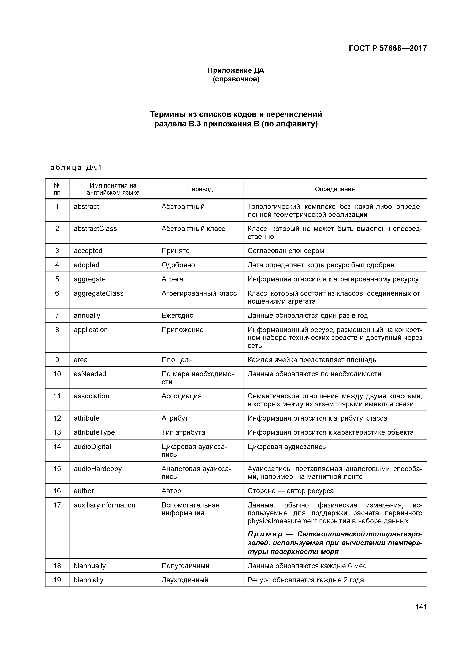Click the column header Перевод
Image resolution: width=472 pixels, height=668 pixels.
pyautogui.click(x=200, y=189)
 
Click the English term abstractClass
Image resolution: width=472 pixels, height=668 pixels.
pyautogui.click(x=95, y=229)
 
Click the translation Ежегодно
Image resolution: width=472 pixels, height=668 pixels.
pyautogui.click(x=177, y=315)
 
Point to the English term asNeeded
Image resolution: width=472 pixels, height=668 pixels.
pyautogui.click(x=90, y=374)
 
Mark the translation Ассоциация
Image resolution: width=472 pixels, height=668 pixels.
pyautogui.click(x=181, y=396)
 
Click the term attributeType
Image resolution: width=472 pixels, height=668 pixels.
pyautogui.click(x=94, y=432)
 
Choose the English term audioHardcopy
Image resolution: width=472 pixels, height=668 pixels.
pyautogui.click(x=97, y=469)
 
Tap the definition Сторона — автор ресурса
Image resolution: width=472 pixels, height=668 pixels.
pyautogui.click(x=291, y=491)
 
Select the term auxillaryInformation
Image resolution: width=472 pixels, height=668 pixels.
pyautogui.click(x=104, y=505)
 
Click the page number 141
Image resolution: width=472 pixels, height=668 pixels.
pyautogui.click(x=421, y=607)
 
